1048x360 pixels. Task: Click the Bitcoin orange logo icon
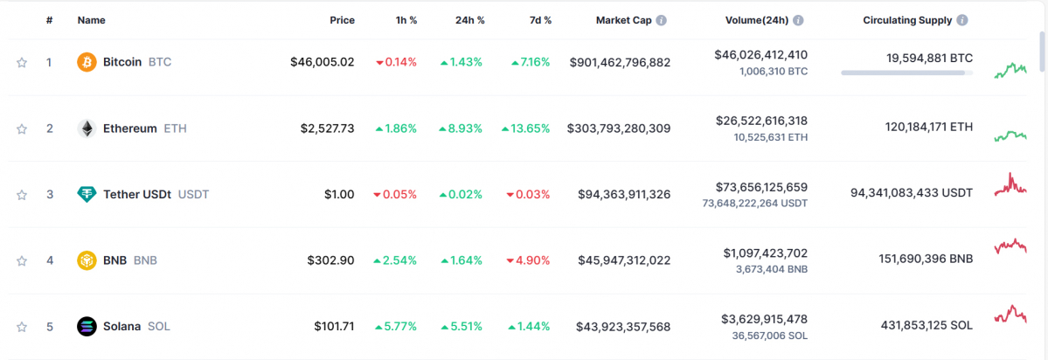tap(87, 62)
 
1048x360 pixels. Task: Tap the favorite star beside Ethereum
tap(22, 128)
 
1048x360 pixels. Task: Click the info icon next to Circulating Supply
tap(962, 20)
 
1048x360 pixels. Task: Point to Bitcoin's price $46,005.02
tap(323, 62)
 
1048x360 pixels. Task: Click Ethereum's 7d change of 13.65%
tap(526, 128)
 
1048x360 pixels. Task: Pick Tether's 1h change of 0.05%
tap(395, 194)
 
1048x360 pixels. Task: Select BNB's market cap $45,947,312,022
tap(624, 260)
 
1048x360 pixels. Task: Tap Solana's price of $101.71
tap(335, 326)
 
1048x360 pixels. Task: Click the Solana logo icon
tap(87, 326)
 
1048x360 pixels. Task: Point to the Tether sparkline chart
tap(1010, 185)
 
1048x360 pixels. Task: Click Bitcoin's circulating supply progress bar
tap(906, 73)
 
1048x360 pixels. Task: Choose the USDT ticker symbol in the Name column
tap(193, 194)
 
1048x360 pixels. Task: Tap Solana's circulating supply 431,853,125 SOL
tap(927, 326)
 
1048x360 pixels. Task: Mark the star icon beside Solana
tap(22, 327)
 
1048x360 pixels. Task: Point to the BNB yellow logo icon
tap(87, 260)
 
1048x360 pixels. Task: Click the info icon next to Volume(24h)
tap(799, 20)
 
